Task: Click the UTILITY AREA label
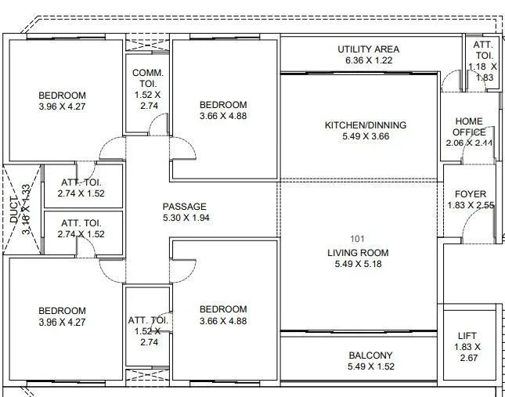(369, 49)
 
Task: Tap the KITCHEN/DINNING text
(366, 125)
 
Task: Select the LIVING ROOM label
(358, 253)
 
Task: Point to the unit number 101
(357, 239)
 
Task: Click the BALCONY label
(370, 355)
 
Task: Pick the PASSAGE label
(184, 207)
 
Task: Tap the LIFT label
(467, 336)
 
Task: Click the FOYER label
(471, 194)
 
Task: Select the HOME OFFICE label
(469, 127)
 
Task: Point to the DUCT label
(14, 210)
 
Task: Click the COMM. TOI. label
(148, 78)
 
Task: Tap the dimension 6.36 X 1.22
(369, 60)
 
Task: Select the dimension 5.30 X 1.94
(186, 218)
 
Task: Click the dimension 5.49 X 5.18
(358, 264)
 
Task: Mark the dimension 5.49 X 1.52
(371, 366)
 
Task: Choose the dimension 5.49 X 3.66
(366, 136)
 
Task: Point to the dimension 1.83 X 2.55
(471, 205)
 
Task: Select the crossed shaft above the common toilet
(147, 45)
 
